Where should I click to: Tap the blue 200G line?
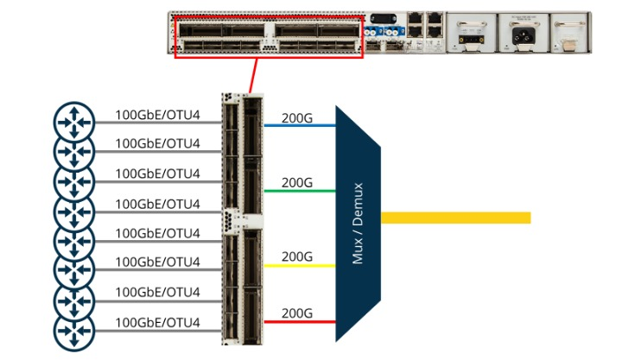[298, 125]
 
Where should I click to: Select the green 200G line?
[298, 190]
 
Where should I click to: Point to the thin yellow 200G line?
[298, 265]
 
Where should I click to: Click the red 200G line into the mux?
[298, 321]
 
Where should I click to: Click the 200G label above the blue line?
[297, 117]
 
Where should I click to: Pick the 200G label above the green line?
[297, 182]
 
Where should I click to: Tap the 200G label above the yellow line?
[297, 256]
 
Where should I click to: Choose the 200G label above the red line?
[297, 313]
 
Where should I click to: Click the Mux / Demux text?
[358, 224]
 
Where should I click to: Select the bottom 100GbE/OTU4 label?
[157, 323]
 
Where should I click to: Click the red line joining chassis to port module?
[251, 74]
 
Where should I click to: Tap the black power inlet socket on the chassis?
[521, 38]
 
